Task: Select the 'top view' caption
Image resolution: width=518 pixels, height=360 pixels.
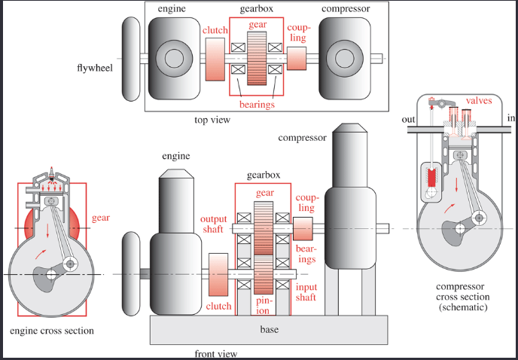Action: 212,120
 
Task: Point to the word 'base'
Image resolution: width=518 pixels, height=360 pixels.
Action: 269,329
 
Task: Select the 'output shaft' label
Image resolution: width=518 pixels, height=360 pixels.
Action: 213,224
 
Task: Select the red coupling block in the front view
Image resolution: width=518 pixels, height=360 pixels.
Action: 303,228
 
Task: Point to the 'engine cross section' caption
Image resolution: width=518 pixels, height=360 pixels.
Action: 51,331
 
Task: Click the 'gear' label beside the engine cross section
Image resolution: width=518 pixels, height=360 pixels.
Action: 100,218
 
